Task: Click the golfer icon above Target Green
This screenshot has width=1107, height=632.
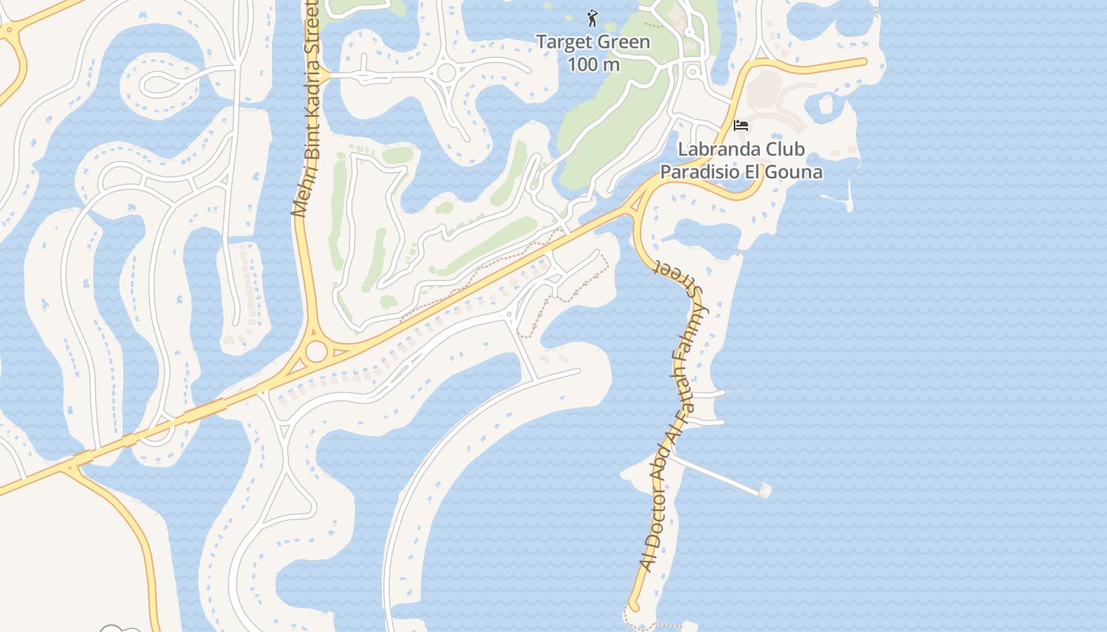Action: click(x=592, y=17)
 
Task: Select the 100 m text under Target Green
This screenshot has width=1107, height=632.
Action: click(x=593, y=64)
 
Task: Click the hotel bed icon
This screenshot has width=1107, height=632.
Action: click(x=741, y=126)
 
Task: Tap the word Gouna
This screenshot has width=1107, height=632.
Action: click(x=796, y=171)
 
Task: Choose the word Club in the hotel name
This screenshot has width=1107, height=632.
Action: click(x=784, y=149)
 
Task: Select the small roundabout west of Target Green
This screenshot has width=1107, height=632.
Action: click(x=446, y=73)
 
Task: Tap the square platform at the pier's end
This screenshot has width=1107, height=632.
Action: click(x=765, y=491)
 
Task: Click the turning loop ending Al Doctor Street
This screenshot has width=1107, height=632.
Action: click(x=632, y=607)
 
